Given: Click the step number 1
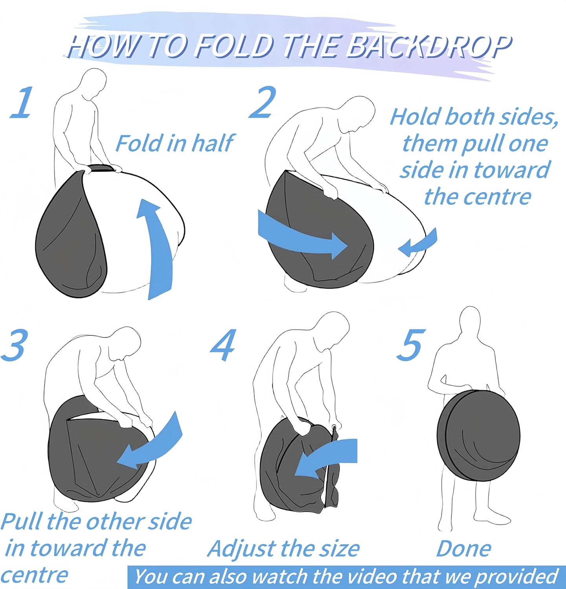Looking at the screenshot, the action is pyautogui.click(x=22, y=103).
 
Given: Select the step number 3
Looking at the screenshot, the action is pyautogui.click(x=15, y=345).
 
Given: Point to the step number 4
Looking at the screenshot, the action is pyautogui.click(x=223, y=345).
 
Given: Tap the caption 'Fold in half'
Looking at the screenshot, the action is pyautogui.click(x=175, y=143).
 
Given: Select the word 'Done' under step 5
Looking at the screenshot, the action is pyautogui.click(x=463, y=549).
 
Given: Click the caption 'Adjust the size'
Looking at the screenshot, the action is pyautogui.click(x=283, y=549).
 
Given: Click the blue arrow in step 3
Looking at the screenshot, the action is pyautogui.click(x=151, y=446).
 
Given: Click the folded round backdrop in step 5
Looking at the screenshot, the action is pyautogui.click(x=478, y=436).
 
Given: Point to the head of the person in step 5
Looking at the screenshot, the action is pyautogui.click(x=470, y=322).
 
